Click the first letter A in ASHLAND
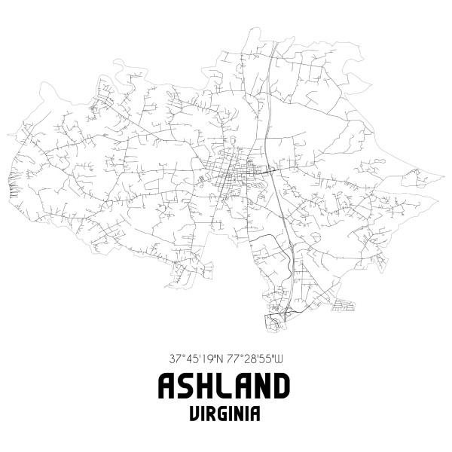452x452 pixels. [x=168, y=386]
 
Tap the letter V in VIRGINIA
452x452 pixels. [x=194, y=414]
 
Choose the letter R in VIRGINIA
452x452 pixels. [x=211, y=414]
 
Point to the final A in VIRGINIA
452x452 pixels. [x=257, y=414]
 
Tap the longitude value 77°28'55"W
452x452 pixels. [x=254, y=358]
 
